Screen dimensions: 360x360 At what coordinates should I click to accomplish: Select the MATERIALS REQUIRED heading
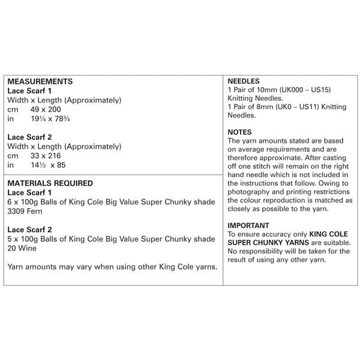point(50,183)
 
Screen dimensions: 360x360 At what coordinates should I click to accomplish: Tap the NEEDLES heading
point(244,80)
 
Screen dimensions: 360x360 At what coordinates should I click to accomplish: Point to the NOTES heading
point(240,132)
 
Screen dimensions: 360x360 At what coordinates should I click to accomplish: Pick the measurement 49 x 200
point(44,110)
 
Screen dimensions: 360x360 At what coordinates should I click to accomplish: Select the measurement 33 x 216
point(44,155)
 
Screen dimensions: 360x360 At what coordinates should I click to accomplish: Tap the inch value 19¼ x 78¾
point(50,119)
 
